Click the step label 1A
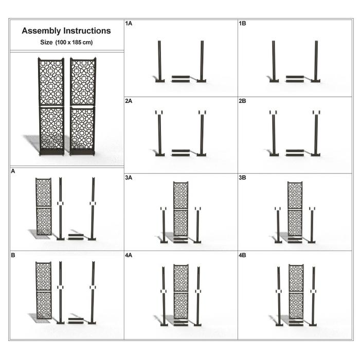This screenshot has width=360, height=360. point(129,24)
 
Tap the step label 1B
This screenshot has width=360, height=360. point(242,24)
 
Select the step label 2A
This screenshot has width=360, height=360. point(129,101)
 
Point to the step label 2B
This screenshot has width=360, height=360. point(242,101)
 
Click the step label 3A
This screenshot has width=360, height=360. point(129,178)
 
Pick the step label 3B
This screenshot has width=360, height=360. point(242,178)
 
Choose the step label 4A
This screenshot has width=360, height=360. point(129,255)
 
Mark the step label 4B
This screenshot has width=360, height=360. point(242,255)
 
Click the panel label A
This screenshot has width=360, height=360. point(13,171)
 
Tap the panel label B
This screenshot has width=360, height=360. point(13,255)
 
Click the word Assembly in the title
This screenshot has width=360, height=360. point(41,31)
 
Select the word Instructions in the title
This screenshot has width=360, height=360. point(87,30)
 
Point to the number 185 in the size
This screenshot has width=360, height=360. point(77,42)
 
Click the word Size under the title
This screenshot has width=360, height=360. point(46,42)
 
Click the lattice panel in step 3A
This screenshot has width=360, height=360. point(181,209)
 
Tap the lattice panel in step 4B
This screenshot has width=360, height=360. point(296,292)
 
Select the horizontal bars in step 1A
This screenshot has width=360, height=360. point(181,79)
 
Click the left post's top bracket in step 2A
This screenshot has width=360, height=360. point(159,113)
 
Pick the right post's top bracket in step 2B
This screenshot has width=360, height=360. point(316,113)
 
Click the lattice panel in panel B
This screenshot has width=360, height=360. point(44,291)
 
